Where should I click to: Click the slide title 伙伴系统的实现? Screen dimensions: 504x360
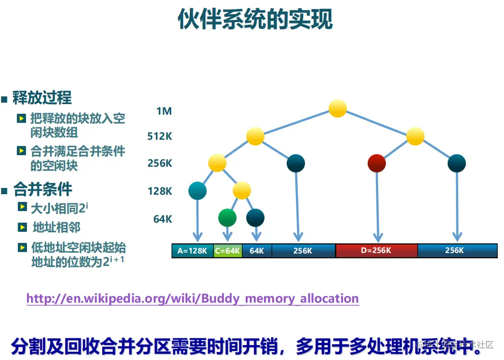point(255,20)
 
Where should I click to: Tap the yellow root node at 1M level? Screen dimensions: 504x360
point(338,108)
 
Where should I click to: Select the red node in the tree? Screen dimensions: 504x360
point(376,163)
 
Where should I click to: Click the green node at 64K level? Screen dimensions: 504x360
point(227,218)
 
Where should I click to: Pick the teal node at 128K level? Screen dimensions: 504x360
point(198,191)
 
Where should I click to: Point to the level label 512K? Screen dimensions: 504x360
point(159,136)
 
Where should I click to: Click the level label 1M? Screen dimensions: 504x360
point(164,111)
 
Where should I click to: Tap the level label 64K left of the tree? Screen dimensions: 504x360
point(162,219)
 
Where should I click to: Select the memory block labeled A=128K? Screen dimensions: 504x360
point(192,251)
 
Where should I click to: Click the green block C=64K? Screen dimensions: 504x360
point(227,251)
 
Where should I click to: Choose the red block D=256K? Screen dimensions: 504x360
point(376,251)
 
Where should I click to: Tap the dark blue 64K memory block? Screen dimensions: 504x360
point(257,251)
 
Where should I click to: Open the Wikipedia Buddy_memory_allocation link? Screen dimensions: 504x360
point(192,298)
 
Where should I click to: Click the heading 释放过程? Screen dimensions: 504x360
point(42,98)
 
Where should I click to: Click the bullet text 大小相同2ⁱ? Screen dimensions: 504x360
point(59,209)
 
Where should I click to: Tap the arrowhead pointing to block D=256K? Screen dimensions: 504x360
point(378,237)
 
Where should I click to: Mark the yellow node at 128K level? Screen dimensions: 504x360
point(242,190)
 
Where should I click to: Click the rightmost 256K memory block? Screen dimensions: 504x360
point(457,251)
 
